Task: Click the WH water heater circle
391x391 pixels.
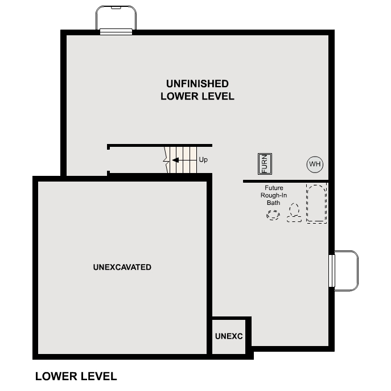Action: click(315, 164)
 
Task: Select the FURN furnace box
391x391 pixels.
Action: click(265, 164)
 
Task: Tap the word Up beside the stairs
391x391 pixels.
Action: click(203, 160)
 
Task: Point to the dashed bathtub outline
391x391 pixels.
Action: click(317, 203)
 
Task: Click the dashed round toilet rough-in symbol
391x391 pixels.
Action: click(274, 215)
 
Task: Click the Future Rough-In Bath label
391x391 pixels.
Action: click(274, 195)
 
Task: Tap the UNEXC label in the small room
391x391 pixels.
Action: click(229, 336)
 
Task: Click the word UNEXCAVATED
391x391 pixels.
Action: click(122, 267)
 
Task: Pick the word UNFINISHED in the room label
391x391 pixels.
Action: click(197, 84)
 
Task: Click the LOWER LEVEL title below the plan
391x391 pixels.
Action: click(76, 376)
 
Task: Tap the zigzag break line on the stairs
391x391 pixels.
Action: click(167, 160)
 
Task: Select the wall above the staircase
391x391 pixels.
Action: click(160, 146)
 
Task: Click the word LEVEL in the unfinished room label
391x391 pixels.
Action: click(215, 96)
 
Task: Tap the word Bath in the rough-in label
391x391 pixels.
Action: click(274, 203)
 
